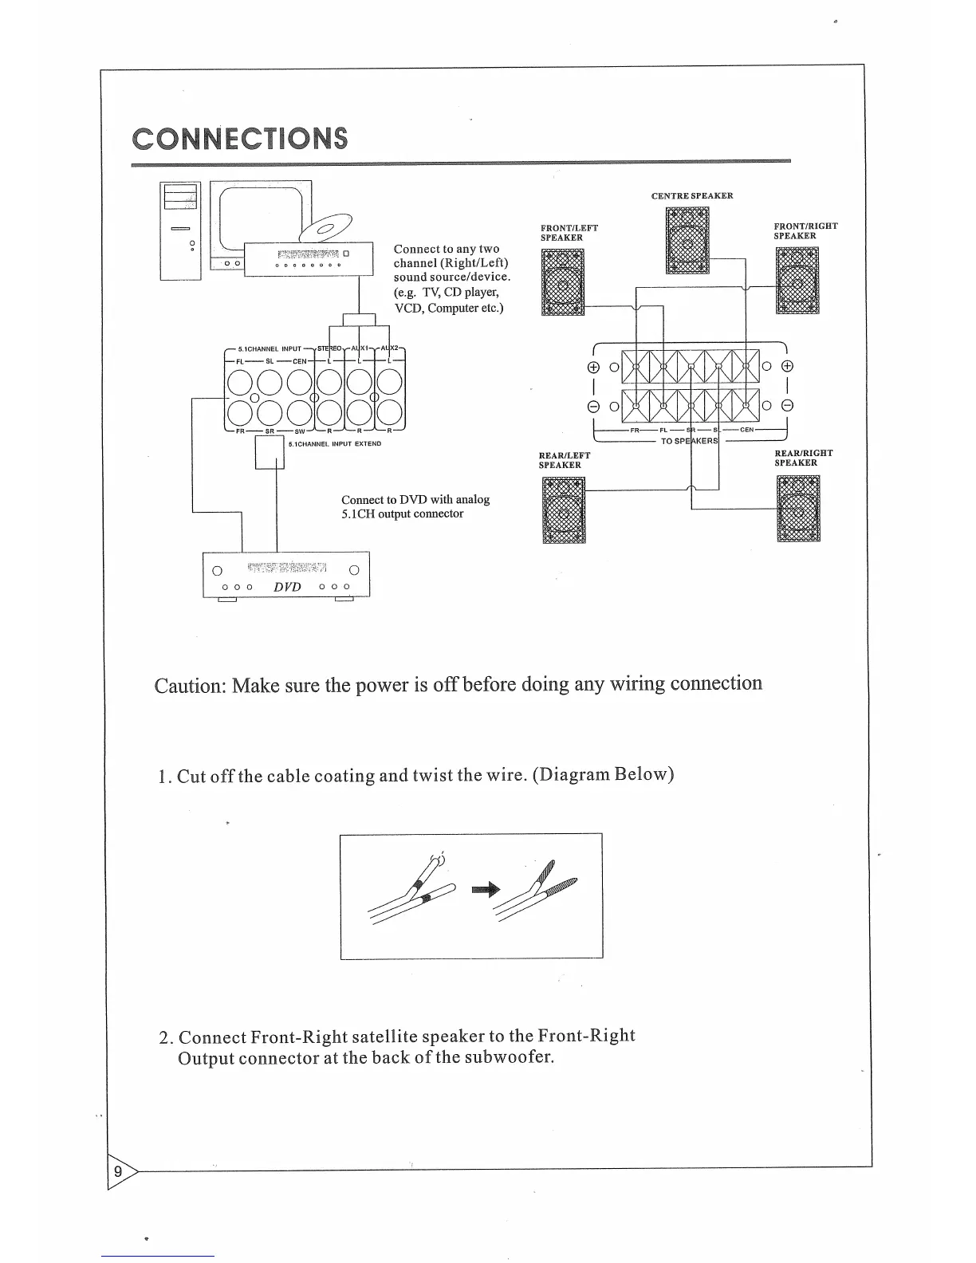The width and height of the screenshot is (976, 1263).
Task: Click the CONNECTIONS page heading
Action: point(240,138)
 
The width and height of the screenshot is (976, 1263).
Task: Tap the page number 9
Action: point(118,1171)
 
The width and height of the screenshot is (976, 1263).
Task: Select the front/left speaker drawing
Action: point(563,282)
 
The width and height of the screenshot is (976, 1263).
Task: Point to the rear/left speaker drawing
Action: point(564,510)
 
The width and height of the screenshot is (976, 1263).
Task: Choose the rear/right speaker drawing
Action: point(798,508)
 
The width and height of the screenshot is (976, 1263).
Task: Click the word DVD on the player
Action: point(287,586)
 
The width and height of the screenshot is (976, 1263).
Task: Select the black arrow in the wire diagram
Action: point(485,888)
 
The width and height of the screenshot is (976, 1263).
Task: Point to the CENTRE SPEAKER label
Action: point(691,195)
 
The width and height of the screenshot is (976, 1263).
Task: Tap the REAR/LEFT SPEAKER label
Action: point(565,460)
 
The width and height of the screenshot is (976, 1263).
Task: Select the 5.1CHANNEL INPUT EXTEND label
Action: point(335,443)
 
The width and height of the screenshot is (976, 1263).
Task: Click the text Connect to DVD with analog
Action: point(415,499)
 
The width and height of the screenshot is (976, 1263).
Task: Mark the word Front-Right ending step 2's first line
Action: point(586,1036)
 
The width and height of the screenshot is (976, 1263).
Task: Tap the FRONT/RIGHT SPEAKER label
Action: point(805,230)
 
